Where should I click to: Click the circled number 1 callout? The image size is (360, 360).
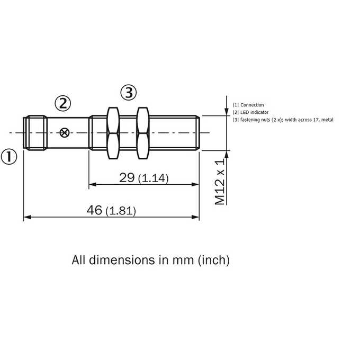point(9,157)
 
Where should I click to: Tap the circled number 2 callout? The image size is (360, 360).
point(63,103)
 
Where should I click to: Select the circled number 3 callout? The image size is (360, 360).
point(129,93)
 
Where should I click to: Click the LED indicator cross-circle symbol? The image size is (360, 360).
point(64,133)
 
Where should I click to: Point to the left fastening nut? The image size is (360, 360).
point(113,133)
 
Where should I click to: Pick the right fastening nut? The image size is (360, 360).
point(143,133)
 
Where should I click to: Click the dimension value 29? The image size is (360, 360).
point(127,177)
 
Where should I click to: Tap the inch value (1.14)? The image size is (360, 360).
point(154,178)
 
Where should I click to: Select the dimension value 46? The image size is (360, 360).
point(94,210)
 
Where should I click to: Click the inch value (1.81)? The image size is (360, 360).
point(121,211)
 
